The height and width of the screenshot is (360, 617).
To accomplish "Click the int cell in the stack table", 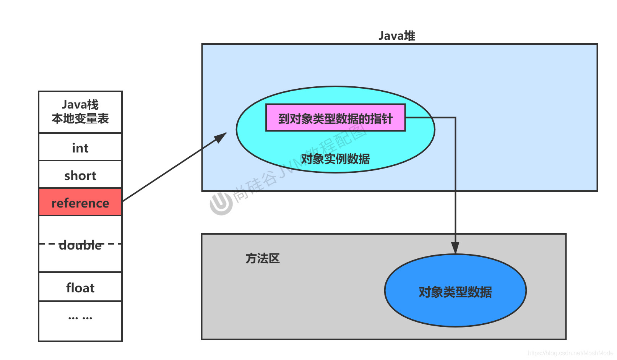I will point(80,148).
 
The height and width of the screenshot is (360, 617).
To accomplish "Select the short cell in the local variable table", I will point(80,175).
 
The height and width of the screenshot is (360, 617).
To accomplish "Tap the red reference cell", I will point(80,203).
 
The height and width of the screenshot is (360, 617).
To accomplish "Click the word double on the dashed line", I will point(80,245).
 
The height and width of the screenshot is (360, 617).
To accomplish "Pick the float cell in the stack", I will point(80,287).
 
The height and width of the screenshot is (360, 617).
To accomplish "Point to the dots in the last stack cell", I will point(80,317).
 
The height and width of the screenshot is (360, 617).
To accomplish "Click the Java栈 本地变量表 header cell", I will point(80,112).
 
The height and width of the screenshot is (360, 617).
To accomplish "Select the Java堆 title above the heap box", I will point(397,36).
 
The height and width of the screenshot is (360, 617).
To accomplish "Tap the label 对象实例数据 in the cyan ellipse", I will point(335,159).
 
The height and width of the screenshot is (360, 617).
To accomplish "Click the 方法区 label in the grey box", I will point(263,258).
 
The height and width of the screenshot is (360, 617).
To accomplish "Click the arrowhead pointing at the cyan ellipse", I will point(221,137).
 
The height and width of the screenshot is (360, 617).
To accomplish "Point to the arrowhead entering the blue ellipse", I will point(455,248).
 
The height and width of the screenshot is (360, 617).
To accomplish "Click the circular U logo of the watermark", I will point(221,203).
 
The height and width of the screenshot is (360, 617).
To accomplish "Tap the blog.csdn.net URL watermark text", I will point(570,353).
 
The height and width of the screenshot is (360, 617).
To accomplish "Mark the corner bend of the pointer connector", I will point(455,118).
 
